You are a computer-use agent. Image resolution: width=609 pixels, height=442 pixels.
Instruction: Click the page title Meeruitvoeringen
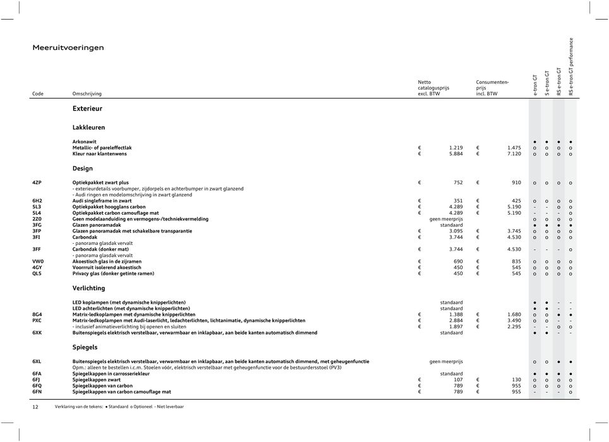(68, 47)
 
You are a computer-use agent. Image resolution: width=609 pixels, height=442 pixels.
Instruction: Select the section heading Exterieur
(87, 109)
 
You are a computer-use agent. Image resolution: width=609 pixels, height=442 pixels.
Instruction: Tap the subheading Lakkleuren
(88, 128)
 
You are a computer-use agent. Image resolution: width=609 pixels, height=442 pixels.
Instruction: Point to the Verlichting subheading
(90, 289)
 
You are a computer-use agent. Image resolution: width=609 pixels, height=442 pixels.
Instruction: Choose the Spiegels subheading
(85, 347)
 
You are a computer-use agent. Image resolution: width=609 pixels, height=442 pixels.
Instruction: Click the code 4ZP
(37, 182)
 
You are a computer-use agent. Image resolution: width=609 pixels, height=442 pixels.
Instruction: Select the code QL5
(37, 274)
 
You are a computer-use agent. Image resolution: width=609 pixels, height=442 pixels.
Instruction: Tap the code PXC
(37, 320)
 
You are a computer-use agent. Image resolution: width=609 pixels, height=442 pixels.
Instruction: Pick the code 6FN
(37, 391)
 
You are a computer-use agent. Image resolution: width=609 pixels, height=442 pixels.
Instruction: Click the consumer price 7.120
(513, 153)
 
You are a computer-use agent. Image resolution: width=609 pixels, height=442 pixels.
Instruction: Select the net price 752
(458, 182)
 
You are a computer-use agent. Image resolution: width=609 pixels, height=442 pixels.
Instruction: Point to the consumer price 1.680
(514, 314)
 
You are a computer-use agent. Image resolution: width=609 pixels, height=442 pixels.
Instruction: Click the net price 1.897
(455, 326)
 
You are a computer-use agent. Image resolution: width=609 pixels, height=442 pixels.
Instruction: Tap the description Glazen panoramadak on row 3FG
(97, 225)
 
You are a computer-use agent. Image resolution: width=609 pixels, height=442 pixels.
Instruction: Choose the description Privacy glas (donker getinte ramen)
(113, 274)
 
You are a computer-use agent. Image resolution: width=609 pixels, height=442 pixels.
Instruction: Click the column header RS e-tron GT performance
(571, 66)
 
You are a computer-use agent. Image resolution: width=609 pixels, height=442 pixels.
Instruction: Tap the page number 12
(35, 407)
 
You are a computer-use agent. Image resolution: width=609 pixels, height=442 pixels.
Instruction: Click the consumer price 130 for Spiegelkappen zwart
(516, 379)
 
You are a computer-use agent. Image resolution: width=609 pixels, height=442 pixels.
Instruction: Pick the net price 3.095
(455, 231)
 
